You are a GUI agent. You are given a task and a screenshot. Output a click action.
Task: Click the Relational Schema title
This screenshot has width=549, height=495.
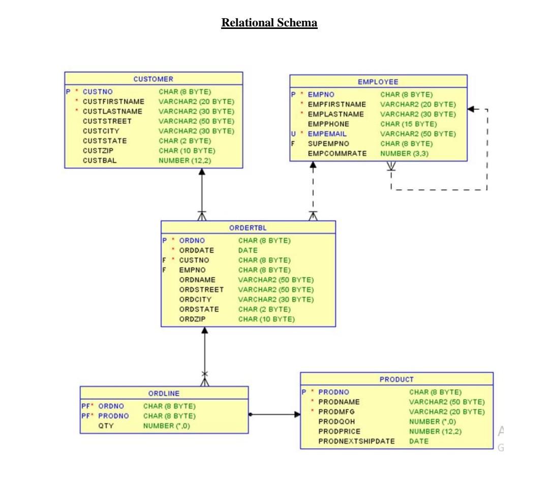[269, 23]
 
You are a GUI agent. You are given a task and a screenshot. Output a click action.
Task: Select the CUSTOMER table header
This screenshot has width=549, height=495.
[153, 79]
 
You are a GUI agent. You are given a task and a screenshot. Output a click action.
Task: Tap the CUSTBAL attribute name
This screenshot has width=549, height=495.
[100, 160]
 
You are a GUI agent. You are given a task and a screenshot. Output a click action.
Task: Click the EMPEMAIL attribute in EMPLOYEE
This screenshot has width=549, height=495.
[327, 134]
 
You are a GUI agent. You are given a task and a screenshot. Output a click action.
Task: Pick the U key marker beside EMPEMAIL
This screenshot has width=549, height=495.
[293, 134]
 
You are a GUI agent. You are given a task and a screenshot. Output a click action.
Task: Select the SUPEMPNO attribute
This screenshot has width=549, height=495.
[328, 144]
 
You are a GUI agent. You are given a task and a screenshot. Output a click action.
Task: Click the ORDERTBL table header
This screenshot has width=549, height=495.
[248, 227]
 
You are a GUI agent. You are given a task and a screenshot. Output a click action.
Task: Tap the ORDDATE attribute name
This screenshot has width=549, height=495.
[196, 250]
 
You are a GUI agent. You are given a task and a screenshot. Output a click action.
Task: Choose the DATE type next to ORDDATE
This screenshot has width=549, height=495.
[248, 250]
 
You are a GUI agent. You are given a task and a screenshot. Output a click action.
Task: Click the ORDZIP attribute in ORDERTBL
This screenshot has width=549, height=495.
[193, 319]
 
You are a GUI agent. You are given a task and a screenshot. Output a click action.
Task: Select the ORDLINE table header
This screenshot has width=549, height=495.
[164, 393]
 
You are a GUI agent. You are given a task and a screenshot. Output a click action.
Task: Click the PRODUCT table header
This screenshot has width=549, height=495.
[396, 379]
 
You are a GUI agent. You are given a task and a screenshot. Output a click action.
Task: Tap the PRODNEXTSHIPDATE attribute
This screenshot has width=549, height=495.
[356, 441]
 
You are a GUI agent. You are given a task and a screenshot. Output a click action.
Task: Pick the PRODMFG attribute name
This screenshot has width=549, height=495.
[336, 412]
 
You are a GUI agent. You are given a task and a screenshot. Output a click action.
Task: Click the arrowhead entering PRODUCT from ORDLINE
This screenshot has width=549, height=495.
[297, 415]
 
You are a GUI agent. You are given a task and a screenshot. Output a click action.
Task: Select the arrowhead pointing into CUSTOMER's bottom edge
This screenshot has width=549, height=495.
[202, 172]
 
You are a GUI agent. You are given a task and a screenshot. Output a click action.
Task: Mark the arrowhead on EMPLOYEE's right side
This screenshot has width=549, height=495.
[471, 109]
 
